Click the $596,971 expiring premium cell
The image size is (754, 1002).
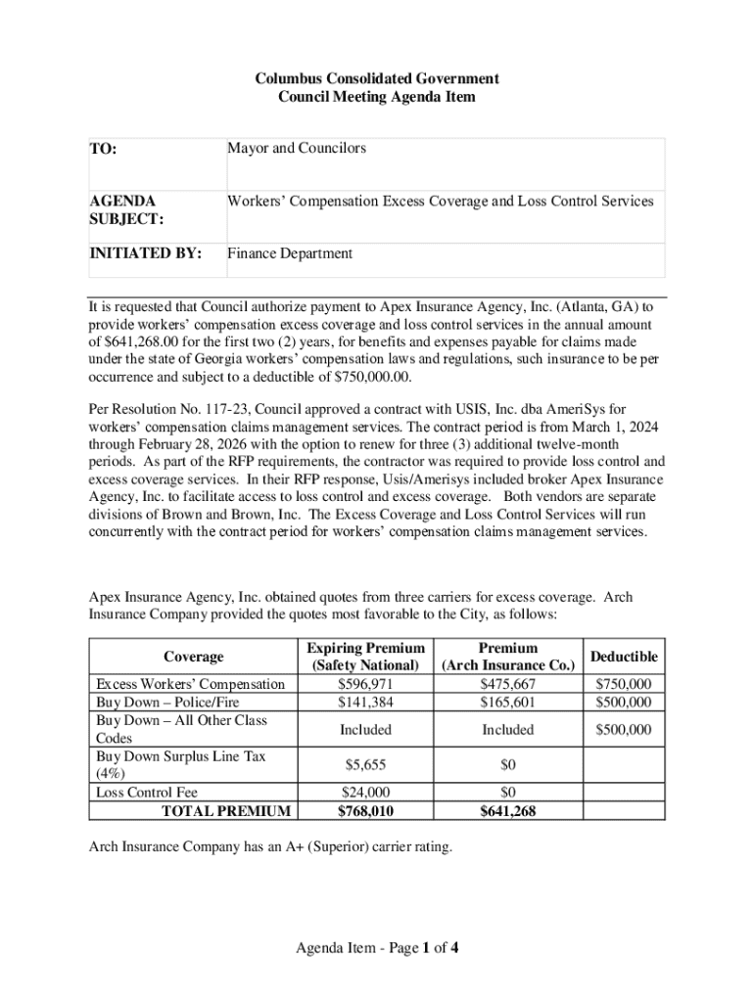coord(365,684)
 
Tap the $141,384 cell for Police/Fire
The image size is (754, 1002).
coord(365,703)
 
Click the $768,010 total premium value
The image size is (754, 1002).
coord(365,811)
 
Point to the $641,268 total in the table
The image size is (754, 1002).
coord(508,811)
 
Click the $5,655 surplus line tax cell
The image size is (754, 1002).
coord(365,765)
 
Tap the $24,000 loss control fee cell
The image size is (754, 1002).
coord(365,793)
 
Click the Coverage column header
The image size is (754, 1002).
coord(194,657)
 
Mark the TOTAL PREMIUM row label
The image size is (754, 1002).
coord(225,811)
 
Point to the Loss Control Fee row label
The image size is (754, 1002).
coord(146,793)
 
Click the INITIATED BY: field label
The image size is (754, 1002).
coord(146,253)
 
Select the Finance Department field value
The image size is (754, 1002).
coord(290,253)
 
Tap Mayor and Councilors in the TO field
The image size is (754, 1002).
coord(297,149)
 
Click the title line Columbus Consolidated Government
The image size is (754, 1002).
coord(377,78)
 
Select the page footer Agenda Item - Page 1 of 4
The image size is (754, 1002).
coord(377,947)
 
